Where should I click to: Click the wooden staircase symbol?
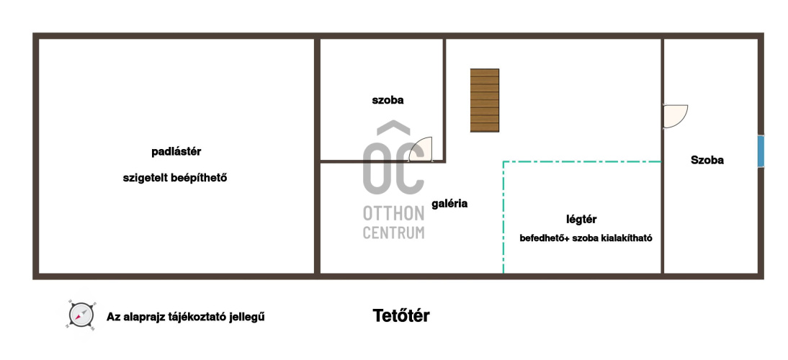click(485, 100)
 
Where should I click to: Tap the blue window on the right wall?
click(761, 151)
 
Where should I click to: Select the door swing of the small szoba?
click(420, 149)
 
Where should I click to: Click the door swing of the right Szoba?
click(676, 116)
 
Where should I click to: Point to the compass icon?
click(81, 315)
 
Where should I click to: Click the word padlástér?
click(176, 152)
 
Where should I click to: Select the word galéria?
click(449, 203)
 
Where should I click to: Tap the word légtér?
click(581, 220)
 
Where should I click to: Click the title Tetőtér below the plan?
click(401, 316)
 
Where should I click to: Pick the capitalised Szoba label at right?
click(707, 160)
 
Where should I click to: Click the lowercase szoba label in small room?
click(388, 100)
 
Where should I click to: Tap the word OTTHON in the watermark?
click(393, 213)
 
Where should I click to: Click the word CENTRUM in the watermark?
click(393, 233)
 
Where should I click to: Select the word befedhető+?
click(545, 238)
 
